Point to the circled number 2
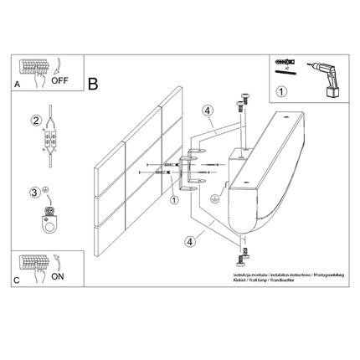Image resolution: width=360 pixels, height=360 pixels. click(35, 119)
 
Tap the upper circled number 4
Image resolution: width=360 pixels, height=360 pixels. click(205, 108)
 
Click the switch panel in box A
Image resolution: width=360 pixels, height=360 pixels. click(33, 66)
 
